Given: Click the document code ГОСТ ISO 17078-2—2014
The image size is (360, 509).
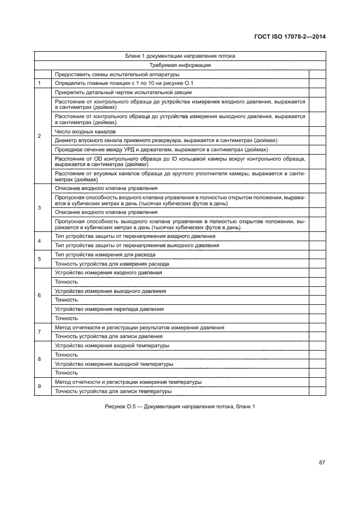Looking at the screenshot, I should click(294, 37).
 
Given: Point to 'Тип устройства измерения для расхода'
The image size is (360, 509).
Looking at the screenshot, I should click(105, 254).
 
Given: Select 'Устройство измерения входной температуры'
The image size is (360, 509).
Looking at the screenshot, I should click(112, 346).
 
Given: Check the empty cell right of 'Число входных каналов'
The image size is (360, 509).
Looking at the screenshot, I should click(316, 132).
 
